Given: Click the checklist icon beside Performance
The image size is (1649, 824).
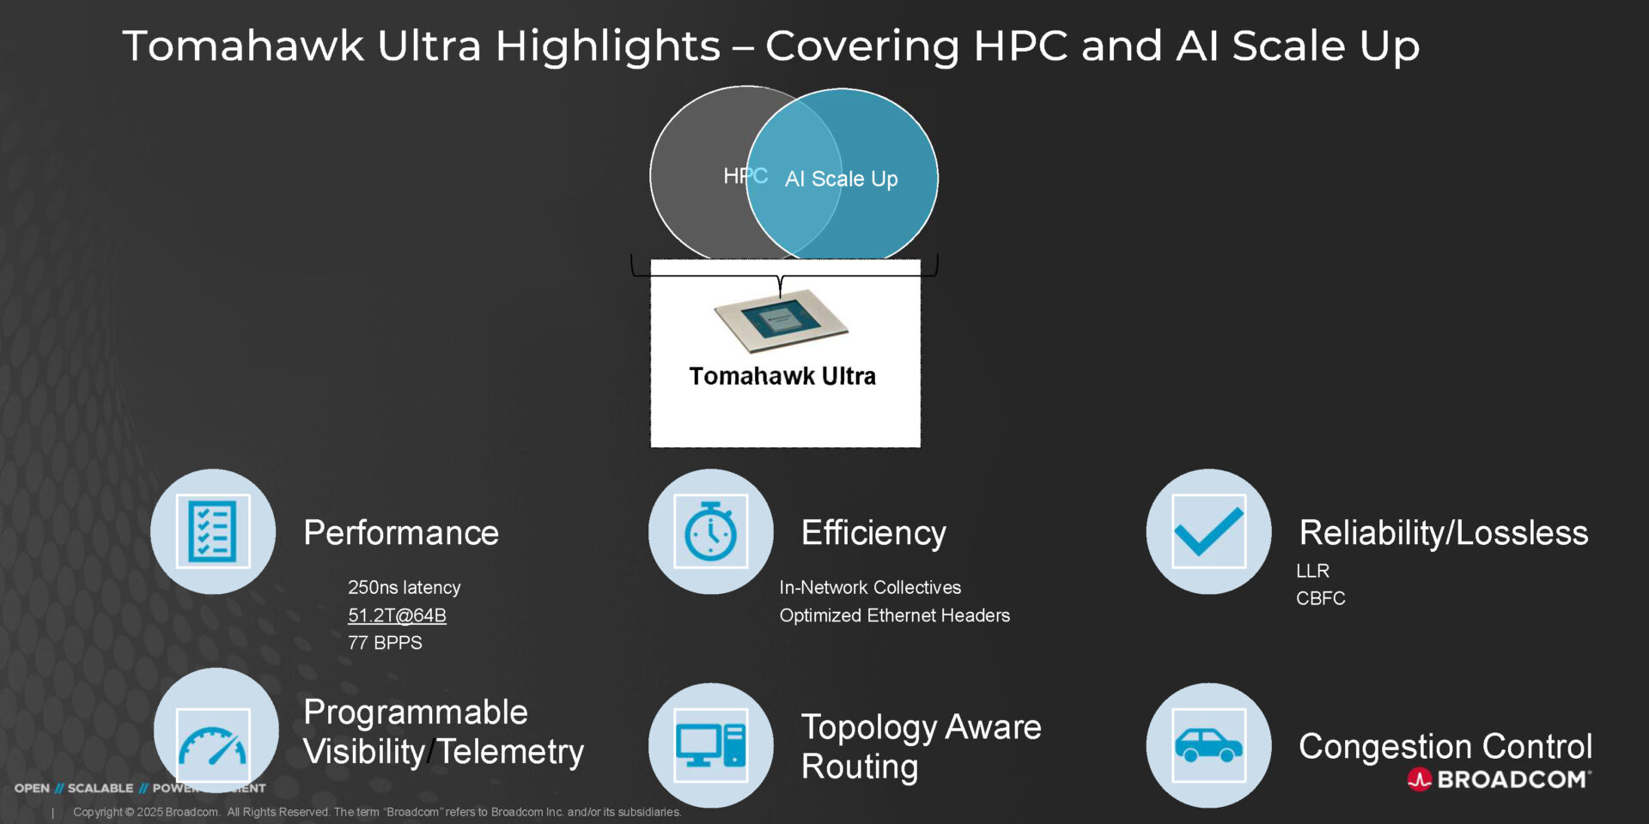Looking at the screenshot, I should click(213, 531).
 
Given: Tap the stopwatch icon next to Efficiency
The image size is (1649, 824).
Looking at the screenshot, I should click(710, 531).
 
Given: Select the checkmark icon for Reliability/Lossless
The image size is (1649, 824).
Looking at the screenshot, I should click(1208, 531).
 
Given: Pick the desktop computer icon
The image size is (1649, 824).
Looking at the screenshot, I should click(710, 745).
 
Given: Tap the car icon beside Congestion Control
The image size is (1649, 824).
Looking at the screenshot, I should click(1208, 745).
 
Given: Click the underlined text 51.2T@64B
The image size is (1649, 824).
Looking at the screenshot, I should click(397, 615).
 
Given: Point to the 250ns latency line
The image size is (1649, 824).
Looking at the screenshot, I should click(404, 588).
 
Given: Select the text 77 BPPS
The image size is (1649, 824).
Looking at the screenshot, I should click(385, 643).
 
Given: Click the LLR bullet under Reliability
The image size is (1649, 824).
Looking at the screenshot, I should click(1312, 571).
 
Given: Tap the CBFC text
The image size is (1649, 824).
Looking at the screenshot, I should click(1320, 598).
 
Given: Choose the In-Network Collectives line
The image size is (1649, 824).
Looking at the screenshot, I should click(870, 588).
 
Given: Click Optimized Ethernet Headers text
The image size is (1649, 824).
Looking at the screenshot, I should click(894, 615).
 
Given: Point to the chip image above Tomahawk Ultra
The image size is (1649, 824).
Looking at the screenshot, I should click(781, 321).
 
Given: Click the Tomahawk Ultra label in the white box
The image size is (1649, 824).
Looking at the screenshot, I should click(782, 377).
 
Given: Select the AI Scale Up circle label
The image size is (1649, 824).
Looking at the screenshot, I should click(841, 179).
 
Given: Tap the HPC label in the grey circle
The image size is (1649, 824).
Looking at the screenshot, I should click(744, 176).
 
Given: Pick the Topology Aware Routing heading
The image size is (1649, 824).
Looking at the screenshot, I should click(921, 746).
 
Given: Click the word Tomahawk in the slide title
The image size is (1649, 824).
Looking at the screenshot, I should click(243, 45).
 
